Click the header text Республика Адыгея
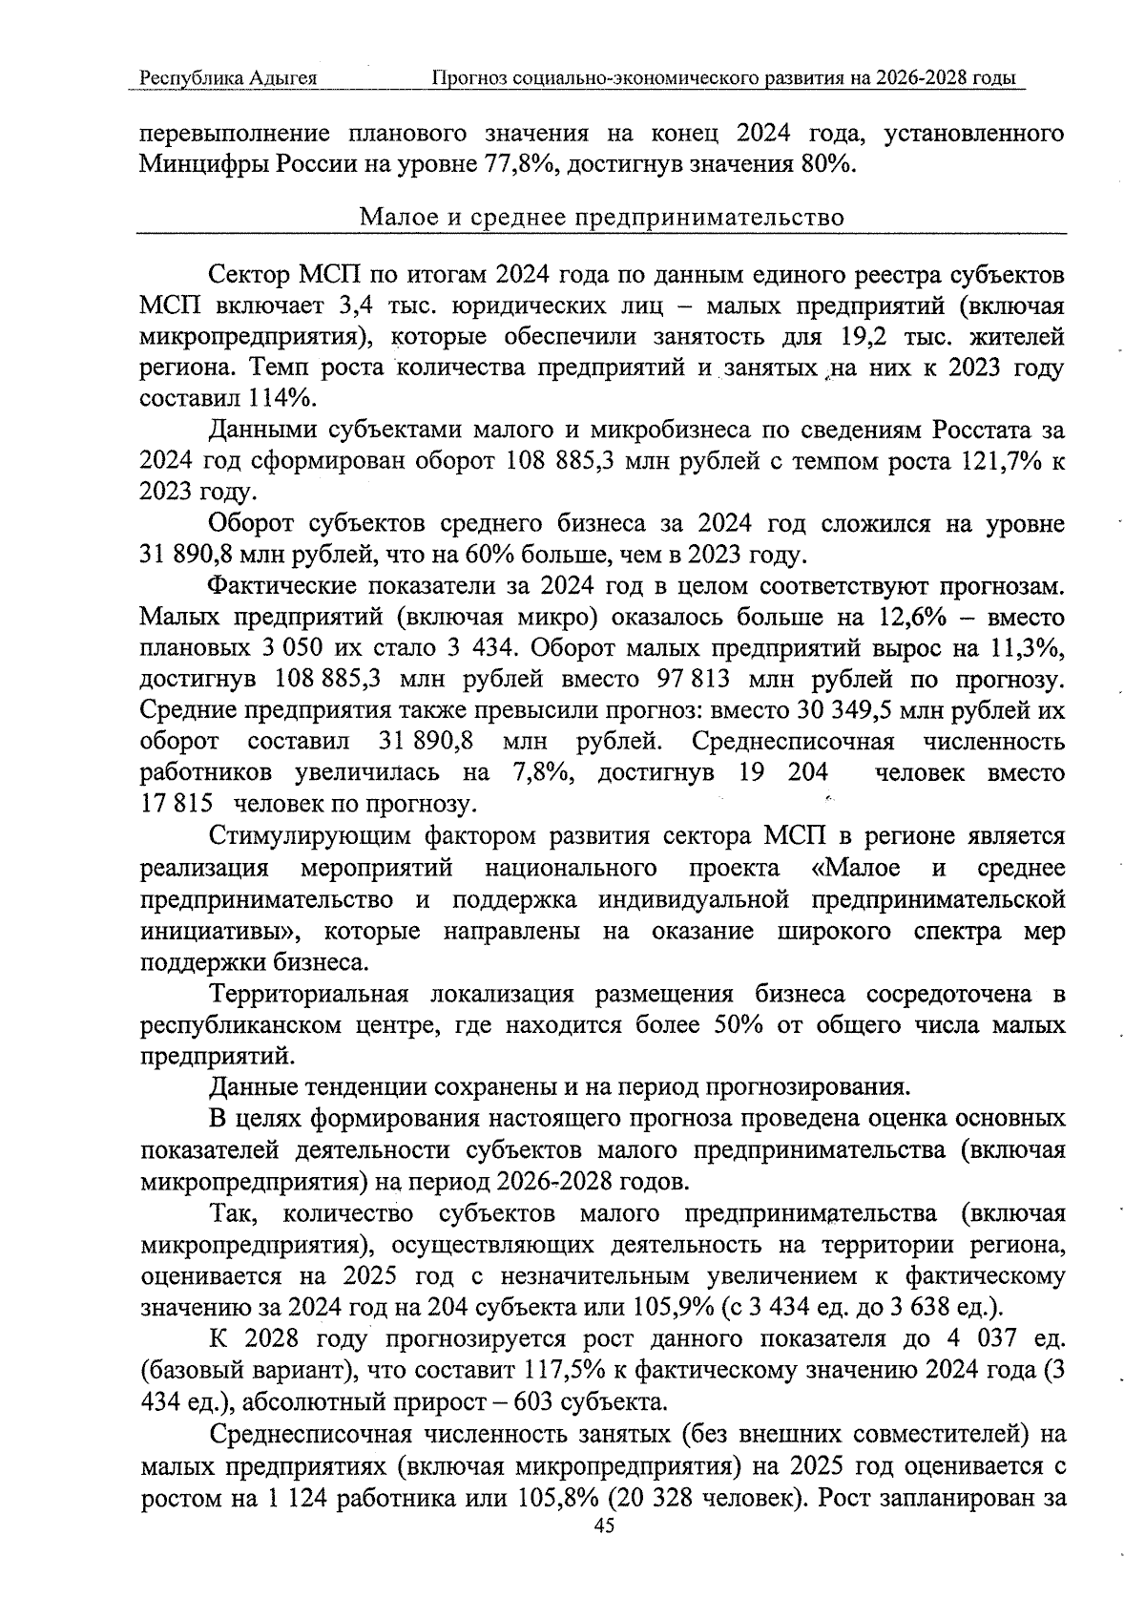pyautogui.click(x=228, y=78)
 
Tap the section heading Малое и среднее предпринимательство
pyautogui.click(x=601, y=218)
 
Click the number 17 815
pyautogui.click(x=176, y=805)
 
